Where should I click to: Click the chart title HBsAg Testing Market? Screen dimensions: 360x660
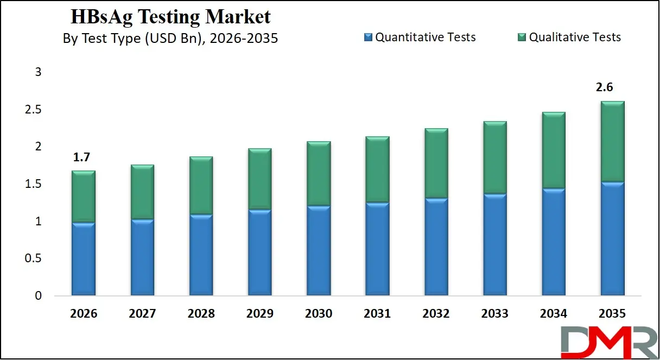coord(170,17)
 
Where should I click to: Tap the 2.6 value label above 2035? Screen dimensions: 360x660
coord(605,88)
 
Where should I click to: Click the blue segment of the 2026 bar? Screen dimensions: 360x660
coord(83,260)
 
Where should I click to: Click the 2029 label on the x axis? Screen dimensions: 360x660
coord(259,314)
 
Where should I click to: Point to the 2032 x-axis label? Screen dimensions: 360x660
coord(436,314)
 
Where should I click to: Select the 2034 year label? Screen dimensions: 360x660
coord(553,314)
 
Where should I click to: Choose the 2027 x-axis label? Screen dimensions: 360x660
coord(142,314)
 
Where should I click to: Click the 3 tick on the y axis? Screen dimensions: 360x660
coord(38,72)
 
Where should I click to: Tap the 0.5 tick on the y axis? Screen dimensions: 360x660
coord(34,259)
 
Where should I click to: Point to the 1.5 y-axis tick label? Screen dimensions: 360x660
coord(34,185)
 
